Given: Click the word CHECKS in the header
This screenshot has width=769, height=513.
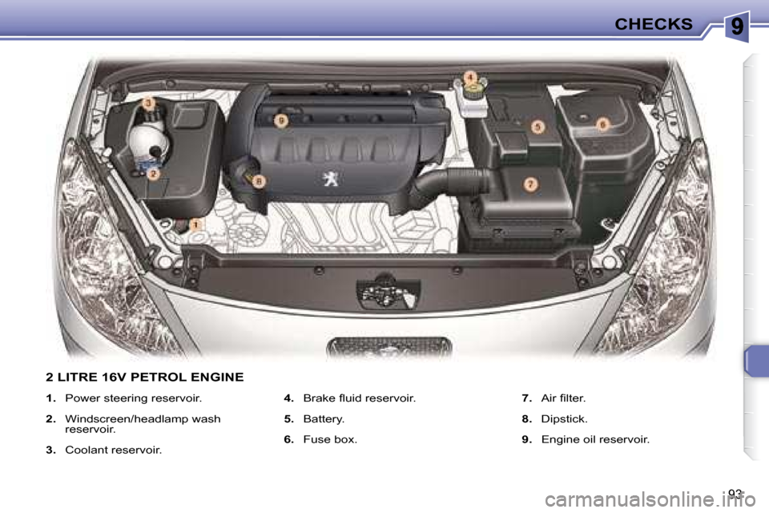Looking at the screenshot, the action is pos(654,23).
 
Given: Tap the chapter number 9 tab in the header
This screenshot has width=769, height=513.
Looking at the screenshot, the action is pos(737,26).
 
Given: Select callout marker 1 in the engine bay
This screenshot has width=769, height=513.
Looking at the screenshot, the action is pos(195,224).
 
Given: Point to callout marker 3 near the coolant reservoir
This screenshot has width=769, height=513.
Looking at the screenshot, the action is pos(149,103).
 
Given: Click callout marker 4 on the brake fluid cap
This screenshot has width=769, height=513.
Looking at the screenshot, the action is pos(470,77).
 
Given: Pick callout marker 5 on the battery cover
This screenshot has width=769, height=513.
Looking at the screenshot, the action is pos(537,127).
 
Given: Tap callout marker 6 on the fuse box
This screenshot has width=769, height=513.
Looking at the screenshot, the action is pos(602,124).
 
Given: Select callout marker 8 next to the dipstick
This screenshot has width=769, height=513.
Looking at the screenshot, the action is pos(259,182).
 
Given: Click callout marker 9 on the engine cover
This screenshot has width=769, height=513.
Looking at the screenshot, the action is pos(281,121).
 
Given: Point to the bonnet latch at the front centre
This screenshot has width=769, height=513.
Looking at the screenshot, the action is pos(388,293).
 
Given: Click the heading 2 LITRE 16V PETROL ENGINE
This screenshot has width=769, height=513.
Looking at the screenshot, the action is pos(145,377).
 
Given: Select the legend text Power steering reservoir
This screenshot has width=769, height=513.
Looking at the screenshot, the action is pos(134,398).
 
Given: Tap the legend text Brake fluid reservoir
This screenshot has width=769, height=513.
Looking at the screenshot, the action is pos(360,398).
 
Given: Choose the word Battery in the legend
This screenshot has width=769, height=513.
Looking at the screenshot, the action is pos(323,419).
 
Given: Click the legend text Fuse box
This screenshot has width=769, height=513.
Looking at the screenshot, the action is pos(330,439).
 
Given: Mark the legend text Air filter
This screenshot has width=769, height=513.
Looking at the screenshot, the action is pos(563,398).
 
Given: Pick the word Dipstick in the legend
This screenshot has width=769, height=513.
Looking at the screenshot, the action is pos(563,419).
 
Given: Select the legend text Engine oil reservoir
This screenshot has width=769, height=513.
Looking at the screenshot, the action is pos(595,439).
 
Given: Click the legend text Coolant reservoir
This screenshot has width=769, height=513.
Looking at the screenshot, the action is pos(113,450).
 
